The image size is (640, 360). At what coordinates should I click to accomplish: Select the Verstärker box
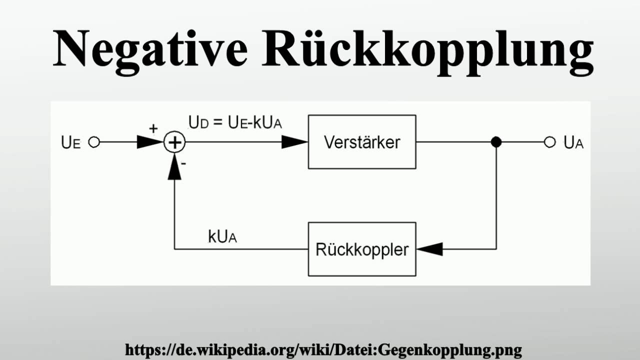(x=362, y=142)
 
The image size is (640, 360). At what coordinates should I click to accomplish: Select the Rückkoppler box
(x=362, y=249)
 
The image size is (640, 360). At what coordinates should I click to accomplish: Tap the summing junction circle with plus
(x=174, y=142)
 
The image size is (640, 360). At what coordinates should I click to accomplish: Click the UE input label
(x=70, y=142)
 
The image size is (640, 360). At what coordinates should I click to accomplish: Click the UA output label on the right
(x=573, y=142)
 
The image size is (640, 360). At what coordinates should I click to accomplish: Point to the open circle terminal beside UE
(x=93, y=142)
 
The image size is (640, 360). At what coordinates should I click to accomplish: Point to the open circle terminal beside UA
(x=549, y=142)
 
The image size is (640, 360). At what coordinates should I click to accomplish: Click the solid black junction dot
(x=496, y=142)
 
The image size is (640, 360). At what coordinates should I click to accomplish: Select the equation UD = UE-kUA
(x=235, y=122)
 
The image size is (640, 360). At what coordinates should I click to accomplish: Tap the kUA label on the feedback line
(x=222, y=237)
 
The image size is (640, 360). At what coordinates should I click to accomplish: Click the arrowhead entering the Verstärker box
(x=295, y=142)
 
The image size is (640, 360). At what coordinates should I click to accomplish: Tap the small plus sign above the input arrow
(x=153, y=128)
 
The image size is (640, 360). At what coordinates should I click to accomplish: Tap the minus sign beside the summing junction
(x=184, y=162)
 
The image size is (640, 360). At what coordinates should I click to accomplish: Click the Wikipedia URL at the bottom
(x=323, y=349)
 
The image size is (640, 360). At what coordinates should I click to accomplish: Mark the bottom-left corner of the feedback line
(x=174, y=248)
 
